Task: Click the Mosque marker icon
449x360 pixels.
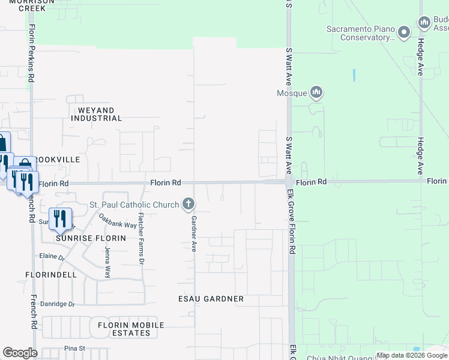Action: tap(316, 92)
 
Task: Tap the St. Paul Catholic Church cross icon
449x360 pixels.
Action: tap(188, 205)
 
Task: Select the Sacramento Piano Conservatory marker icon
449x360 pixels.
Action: tap(405, 31)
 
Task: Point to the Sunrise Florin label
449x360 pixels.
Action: tap(91, 238)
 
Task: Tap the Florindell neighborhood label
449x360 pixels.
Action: tap(51, 275)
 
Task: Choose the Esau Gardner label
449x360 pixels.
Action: tap(211, 299)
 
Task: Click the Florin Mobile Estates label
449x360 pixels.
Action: tap(127, 329)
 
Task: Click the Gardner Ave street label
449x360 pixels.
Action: tap(194, 233)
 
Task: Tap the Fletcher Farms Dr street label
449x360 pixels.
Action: tap(142, 238)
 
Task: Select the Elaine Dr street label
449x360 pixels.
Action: tap(52, 257)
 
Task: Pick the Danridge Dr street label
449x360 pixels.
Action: tap(58, 304)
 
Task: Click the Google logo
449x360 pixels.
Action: tap(20, 353)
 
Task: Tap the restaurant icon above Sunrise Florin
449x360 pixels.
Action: tap(59, 218)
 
